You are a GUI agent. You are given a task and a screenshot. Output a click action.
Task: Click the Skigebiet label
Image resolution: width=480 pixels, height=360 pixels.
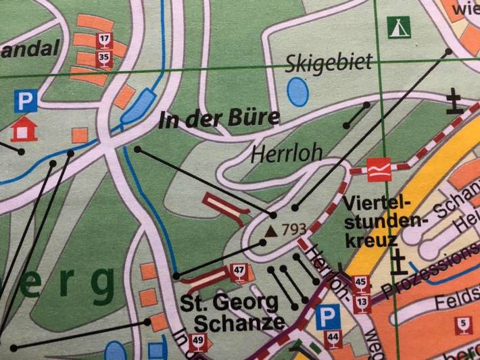point(329,63)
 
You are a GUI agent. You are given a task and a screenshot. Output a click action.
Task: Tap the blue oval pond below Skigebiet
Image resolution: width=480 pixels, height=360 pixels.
point(297,91)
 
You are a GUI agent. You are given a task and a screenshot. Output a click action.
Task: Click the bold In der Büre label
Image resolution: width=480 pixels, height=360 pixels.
point(218,120)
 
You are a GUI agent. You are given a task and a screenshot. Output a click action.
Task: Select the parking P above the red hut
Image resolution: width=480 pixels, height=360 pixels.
point(25,103)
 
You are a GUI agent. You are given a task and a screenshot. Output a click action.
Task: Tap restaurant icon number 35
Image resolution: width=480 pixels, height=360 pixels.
point(103,58)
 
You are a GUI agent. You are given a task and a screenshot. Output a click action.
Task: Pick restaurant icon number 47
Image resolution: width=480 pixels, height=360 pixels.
point(238,272)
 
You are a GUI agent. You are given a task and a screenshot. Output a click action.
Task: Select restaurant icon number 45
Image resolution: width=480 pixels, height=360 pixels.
point(361,282)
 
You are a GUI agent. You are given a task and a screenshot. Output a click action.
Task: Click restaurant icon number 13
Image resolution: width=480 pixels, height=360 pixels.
point(363,302)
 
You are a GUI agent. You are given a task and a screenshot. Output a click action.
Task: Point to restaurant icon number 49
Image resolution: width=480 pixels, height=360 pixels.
point(197,341)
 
